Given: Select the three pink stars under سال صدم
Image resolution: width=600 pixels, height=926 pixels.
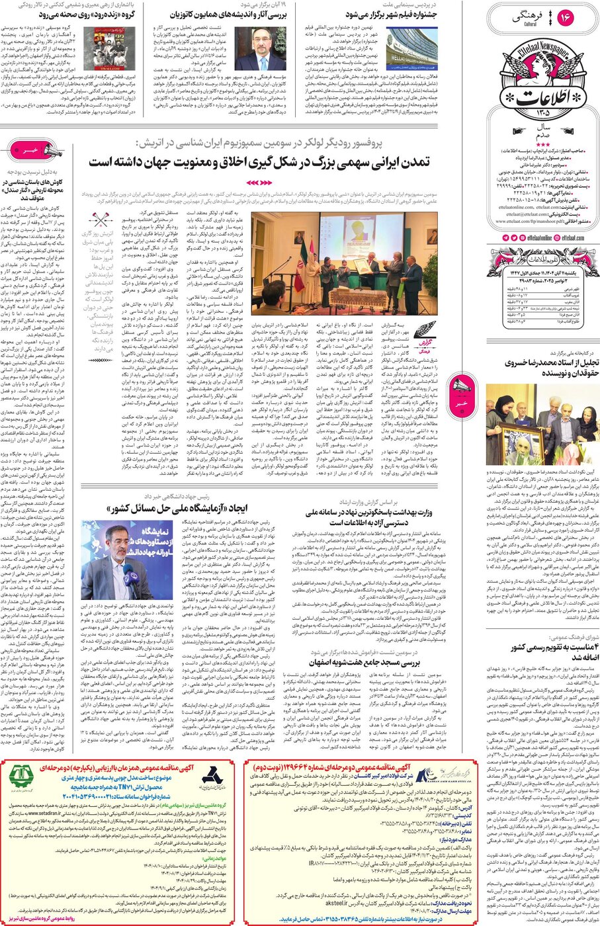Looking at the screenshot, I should tap(542, 144).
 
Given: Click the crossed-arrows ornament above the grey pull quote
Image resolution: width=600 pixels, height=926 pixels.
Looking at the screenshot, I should tap(101, 222).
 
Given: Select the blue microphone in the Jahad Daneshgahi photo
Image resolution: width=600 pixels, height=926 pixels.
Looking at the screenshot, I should tap(129, 572).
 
